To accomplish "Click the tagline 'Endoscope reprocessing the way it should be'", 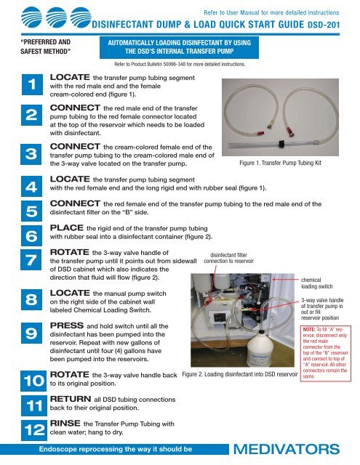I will click(x=116, y=450).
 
